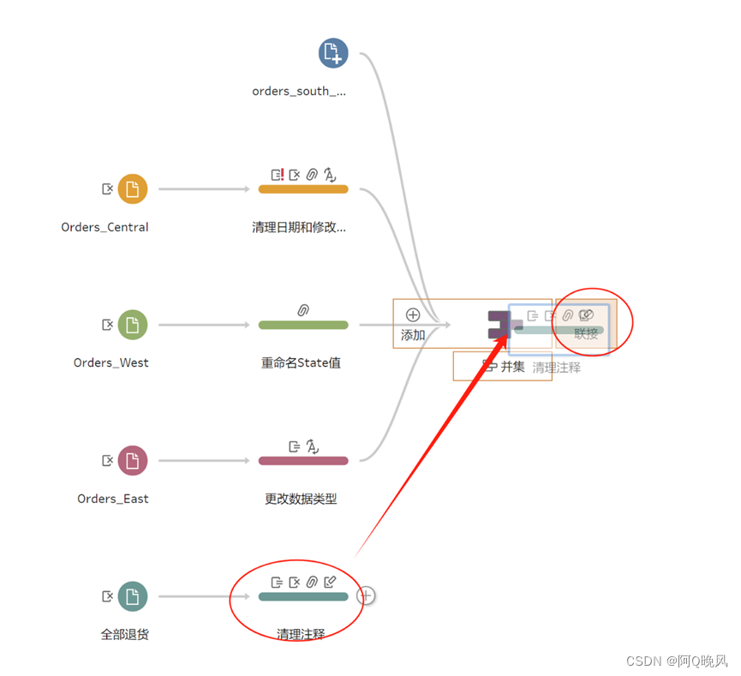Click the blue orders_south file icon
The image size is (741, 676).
(x=333, y=53)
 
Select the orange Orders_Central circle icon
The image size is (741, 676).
(x=132, y=188)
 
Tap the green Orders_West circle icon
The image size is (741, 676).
(x=132, y=325)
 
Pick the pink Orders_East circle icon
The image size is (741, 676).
(x=132, y=460)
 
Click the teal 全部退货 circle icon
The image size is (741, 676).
(x=132, y=596)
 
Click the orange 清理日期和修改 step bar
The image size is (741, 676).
(x=303, y=189)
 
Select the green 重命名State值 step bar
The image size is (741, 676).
(x=303, y=325)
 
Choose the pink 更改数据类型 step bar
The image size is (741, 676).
(x=303, y=461)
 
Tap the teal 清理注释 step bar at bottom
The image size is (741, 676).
(x=303, y=596)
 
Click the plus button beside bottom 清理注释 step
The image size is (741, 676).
(x=366, y=595)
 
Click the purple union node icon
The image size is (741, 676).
(x=499, y=325)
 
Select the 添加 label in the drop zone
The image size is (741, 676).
(x=413, y=335)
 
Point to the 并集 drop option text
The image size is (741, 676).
(x=512, y=367)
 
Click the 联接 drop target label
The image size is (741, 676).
(x=587, y=334)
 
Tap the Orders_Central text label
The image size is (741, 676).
(x=105, y=227)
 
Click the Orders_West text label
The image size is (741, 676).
(x=111, y=362)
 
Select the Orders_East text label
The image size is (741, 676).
(x=112, y=499)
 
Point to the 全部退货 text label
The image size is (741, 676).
(x=125, y=635)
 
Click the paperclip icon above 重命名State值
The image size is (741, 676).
(x=303, y=310)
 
